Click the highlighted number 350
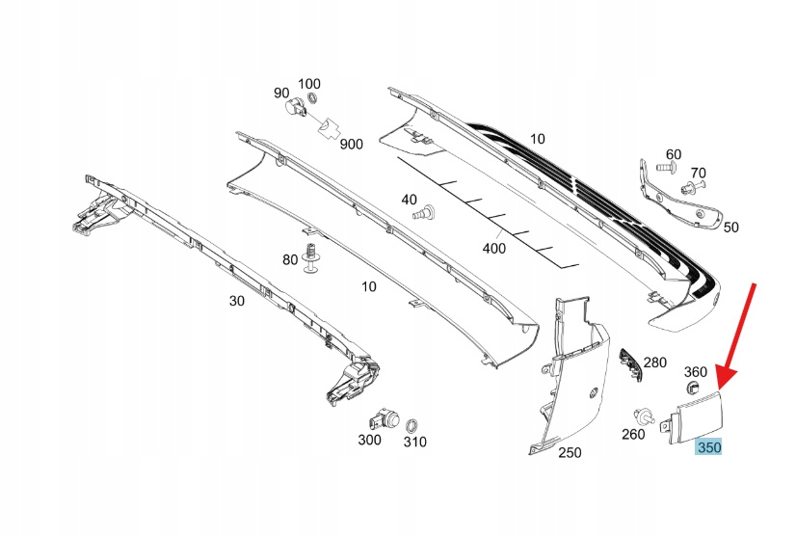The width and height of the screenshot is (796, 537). pos(709,447)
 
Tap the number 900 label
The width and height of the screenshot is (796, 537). pos(351,144)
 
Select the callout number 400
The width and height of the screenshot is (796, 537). pos(493,248)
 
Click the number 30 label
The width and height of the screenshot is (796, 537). pos(237,301)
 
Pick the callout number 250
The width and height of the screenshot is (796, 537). pos(570,452)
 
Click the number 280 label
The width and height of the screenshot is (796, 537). pos(655,362)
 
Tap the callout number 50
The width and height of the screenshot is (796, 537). pos(730,228)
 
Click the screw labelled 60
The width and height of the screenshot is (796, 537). pos(665,169)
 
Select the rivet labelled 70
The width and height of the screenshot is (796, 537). pos(692,186)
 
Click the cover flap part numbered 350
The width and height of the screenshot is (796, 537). pos(694,416)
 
